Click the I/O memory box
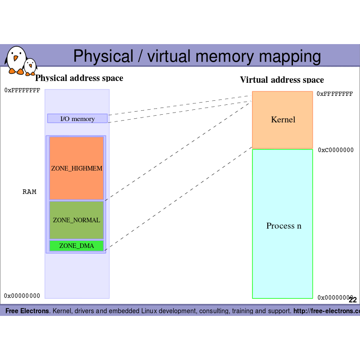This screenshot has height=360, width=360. point(77,119)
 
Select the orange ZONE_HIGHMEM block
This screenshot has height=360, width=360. point(76,168)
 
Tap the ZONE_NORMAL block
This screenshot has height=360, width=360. point(76,220)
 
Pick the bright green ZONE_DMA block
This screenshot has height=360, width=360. point(76,246)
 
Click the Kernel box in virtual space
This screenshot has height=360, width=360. point(283,120)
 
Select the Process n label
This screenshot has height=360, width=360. point(283,226)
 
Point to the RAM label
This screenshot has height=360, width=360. point(29,192)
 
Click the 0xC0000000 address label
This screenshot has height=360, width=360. point(336,150)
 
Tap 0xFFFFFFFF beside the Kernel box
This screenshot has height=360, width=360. point(334,94)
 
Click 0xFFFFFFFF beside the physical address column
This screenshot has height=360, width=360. point(22,90)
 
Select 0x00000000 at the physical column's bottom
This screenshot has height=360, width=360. point(22,296)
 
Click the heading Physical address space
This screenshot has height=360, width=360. point(79,78)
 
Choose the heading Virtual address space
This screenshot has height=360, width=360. point(282,80)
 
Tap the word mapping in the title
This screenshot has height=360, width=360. point(292,57)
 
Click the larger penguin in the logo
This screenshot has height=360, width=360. point(16,59)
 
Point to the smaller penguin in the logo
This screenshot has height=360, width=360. point(30,67)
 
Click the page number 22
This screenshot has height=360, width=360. point(352,300)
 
